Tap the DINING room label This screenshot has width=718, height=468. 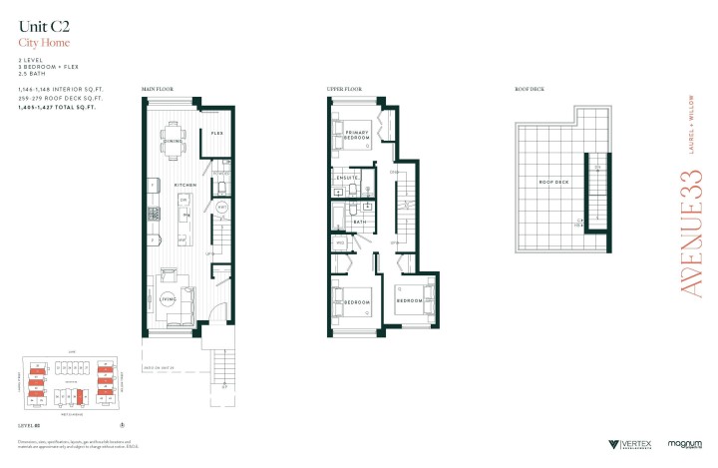[x=172, y=142]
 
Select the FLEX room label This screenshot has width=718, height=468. [x=216, y=133]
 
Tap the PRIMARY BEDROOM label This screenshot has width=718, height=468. [x=358, y=136]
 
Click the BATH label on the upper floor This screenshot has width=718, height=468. [x=360, y=223]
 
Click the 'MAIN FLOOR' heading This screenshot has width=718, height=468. [x=157, y=89]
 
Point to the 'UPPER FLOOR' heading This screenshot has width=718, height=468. [x=343, y=89]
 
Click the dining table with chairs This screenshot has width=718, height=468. [x=175, y=131]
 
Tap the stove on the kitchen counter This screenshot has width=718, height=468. [x=154, y=214]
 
